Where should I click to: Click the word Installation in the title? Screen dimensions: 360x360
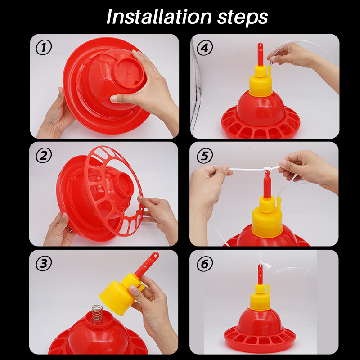pyautogui.click(x=159, y=17)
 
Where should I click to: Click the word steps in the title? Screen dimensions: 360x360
pyautogui.click(x=243, y=18)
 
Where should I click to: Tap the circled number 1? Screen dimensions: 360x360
pyautogui.click(x=44, y=47)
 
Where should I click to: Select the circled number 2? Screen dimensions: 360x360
pyautogui.click(x=44, y=155)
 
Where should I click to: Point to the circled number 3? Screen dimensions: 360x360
pyautogui.click(x=44, y=263)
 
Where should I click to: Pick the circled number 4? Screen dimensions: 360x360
pyautogui.click(x=205, y=48)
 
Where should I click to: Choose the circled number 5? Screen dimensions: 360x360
pyautogui.click(x=205, y=156)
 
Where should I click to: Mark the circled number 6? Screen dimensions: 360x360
pyautogui.click(x=205, y=264)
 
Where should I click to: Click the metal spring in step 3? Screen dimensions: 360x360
pyautogui.click(x=97, y=314)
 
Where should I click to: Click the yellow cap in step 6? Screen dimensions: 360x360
pyautogui.click(x=260, y=297)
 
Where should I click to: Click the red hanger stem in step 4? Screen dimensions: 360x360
pyautogui.click(x=261, y=54)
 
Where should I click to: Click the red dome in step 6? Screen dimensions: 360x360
pyautogui.click(x=259, y=321)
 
